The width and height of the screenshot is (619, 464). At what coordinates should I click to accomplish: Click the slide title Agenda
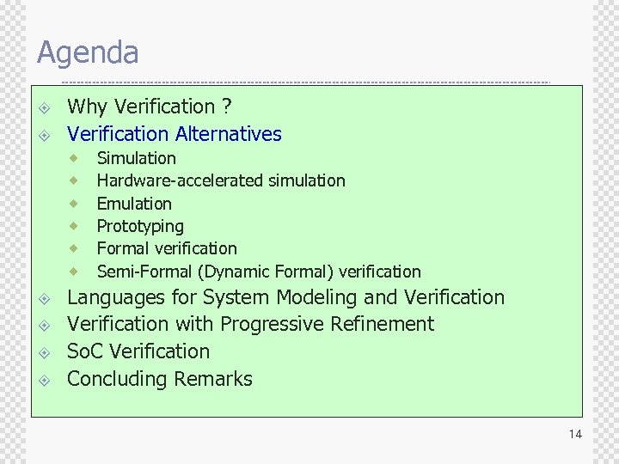click(87, 53)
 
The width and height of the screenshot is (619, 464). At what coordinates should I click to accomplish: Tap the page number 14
click(575, 434)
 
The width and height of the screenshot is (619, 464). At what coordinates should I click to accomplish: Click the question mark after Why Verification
click(226, 107)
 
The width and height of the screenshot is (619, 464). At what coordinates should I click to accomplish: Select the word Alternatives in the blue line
click(228, 134)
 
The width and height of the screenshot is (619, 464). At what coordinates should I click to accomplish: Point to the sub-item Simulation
click(136, 158)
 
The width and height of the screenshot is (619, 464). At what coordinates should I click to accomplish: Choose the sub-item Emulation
click(134, 204)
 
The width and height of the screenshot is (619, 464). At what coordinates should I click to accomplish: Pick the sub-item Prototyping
click(140, 226)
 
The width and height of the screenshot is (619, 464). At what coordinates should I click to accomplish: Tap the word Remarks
click(213, 379)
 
